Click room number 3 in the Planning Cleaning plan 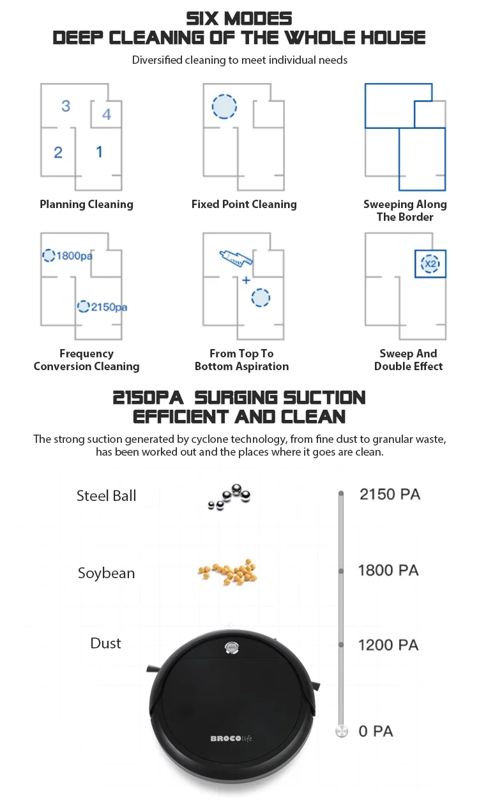click(66, 105)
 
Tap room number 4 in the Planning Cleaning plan click(107, 114)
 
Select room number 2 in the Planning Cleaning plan click(58, 152)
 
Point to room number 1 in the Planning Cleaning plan click(99, 151)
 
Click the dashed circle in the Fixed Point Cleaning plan click(224, 106)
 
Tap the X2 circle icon click(430, 263)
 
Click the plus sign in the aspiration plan click(246, 280)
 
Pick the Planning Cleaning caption click(86, 204)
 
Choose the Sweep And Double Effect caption click(408, 360)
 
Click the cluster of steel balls click(230, 495)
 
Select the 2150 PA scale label click(390, 494)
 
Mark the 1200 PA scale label click(388, 645)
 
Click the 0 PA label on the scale click(376, 731)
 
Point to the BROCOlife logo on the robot click(231, 738)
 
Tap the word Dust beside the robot click(105, 643)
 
